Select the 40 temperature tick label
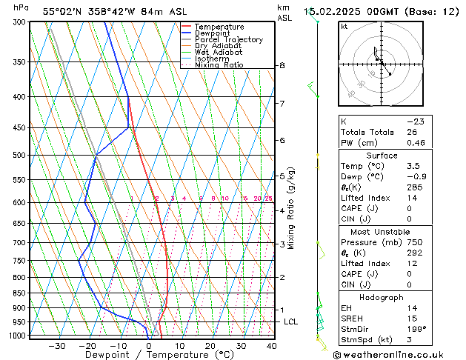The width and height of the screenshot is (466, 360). (271, 346)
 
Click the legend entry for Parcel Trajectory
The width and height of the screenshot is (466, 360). (228, 39)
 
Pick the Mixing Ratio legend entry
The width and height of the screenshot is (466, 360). (219, 65)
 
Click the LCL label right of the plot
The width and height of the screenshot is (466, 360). (291, 321)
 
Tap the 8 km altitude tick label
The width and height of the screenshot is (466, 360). (282, 66)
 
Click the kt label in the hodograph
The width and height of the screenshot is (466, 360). (344, 26)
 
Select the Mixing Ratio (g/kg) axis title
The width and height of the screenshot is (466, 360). (292, 208)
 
